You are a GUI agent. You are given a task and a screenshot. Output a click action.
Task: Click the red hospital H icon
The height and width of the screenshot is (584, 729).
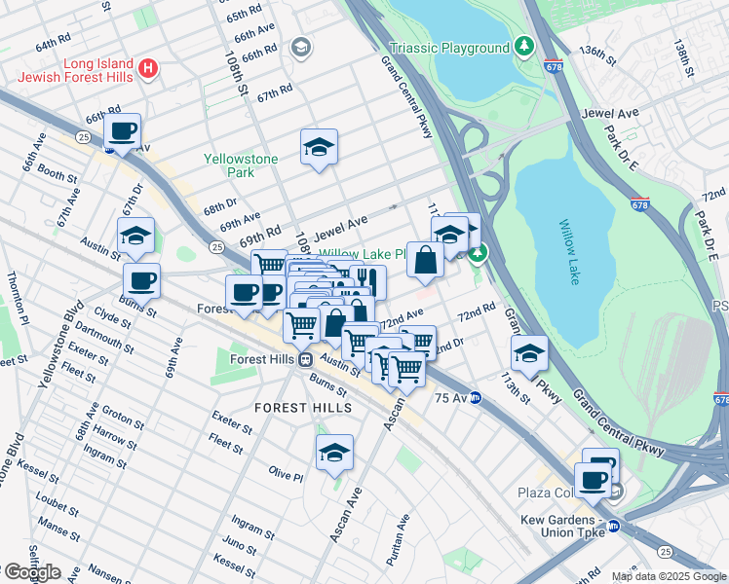click(147, 67)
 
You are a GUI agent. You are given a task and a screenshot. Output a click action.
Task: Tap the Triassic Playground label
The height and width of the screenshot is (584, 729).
click(449, 48)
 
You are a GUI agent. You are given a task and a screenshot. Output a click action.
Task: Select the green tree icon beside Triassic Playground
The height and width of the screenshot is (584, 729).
click(524, 47)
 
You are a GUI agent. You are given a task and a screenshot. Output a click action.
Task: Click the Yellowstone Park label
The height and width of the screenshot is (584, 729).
click(241, 165)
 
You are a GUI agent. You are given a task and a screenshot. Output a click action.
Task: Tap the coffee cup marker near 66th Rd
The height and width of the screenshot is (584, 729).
click(123, 131)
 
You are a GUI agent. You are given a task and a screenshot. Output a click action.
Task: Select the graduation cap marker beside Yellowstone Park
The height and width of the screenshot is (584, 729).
click(319, 147)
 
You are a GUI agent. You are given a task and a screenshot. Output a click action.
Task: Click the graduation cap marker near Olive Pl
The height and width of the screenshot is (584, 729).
click(334, 453)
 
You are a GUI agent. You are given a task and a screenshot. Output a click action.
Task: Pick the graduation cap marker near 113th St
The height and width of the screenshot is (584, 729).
click(529, 352)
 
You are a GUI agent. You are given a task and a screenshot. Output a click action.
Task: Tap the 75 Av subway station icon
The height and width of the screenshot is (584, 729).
click(475, 397)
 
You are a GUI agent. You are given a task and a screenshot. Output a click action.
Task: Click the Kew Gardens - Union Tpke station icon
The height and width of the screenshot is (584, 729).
click(613, 527)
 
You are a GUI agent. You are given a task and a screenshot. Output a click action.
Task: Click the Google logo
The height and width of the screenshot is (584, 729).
click(31, 572)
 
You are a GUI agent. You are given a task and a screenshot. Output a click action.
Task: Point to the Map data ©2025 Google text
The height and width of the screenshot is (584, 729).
click(668, 576)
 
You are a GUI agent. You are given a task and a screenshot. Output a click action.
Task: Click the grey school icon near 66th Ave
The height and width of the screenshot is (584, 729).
click(301, 47)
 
